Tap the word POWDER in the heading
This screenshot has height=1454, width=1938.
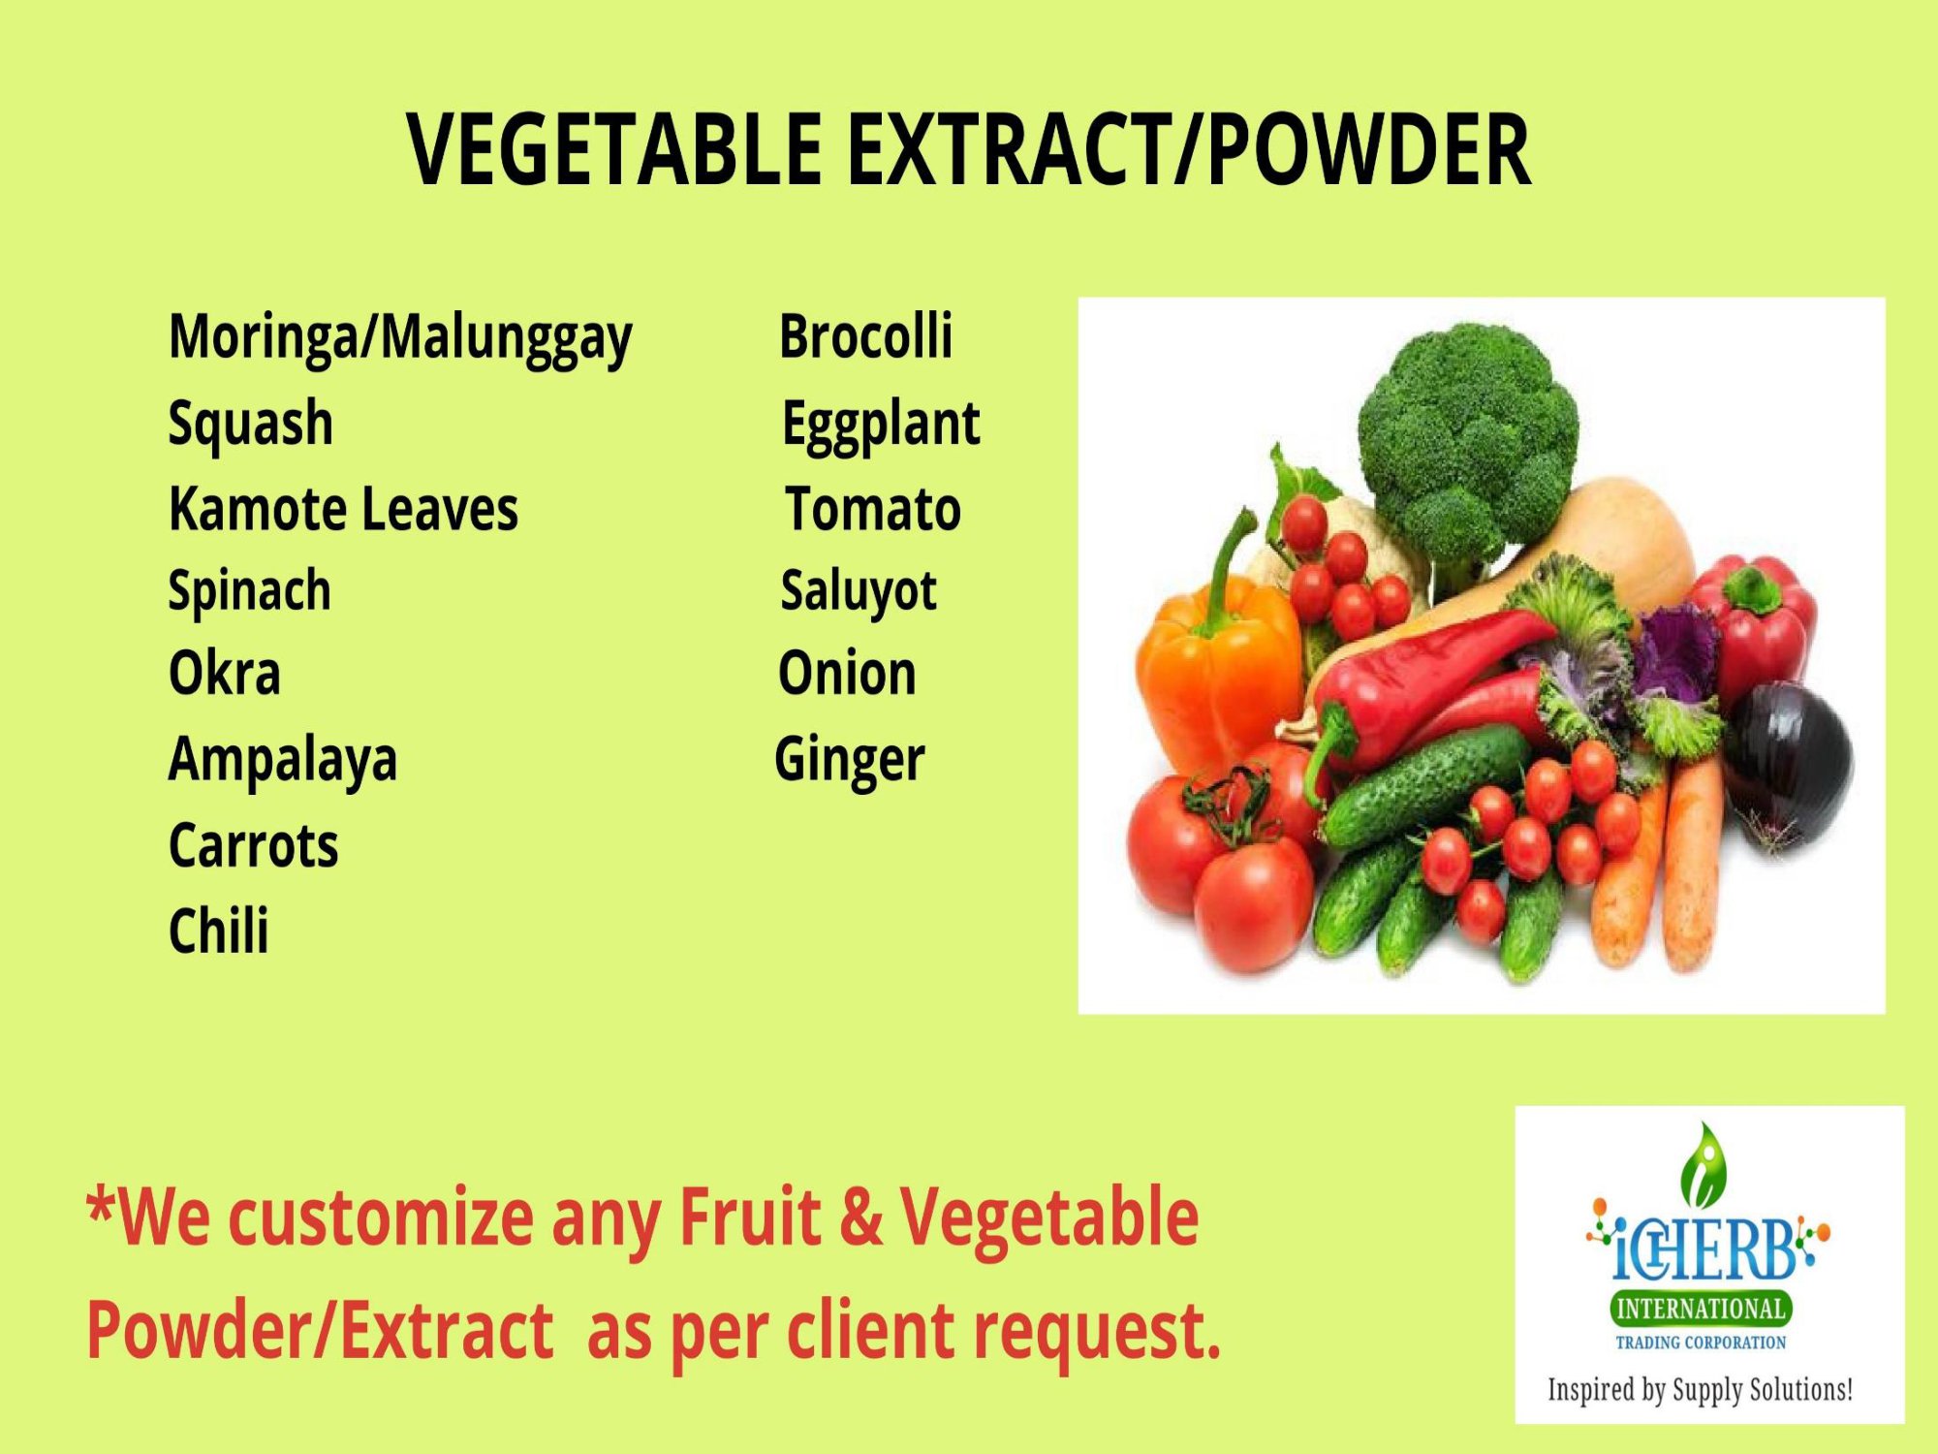(x=1368, y=149)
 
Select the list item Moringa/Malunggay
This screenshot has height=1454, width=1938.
(x=400, y=338)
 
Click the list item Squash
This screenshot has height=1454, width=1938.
(x=251, y=424)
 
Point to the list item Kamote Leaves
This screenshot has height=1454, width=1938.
(x=343, y=509)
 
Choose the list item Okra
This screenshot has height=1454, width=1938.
(x=225, y=673)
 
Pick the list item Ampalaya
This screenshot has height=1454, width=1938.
(x=283, y=760)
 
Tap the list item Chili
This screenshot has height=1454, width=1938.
(x=219, y=931)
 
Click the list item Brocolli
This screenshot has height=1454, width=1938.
(x=865, y=335)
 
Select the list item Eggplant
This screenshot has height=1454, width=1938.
(x=881, y=425)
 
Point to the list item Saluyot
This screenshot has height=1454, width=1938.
(x=859, y=591)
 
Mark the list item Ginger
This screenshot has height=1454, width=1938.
(x=849, y=760)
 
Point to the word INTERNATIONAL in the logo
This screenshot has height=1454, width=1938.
(x=1701, y=1309)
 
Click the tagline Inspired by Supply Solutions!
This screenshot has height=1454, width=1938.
(x=1701, y=1390)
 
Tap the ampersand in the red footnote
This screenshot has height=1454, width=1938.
(x=860, y=1217)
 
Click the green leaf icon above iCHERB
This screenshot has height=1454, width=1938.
(x=1704, y=1163)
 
